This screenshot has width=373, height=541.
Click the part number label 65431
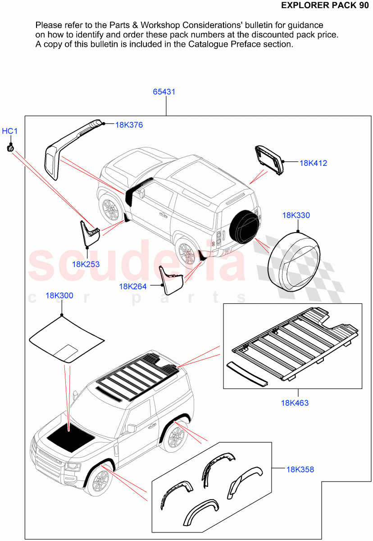pos(164,92)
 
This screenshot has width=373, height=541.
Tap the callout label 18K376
pos(129,125)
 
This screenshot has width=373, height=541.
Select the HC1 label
pos(9,131)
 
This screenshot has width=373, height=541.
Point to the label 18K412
pos(313,163)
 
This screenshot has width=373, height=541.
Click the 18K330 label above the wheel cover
pos(296,215)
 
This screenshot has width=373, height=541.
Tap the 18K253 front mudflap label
pos(86,264)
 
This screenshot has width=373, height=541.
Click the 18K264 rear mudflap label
pos(133,286)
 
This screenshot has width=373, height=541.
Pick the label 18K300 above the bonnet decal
pos(59,296)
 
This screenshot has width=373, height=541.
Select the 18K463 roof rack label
pos(295,403)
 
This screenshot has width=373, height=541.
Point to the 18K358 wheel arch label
pos(300,469)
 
